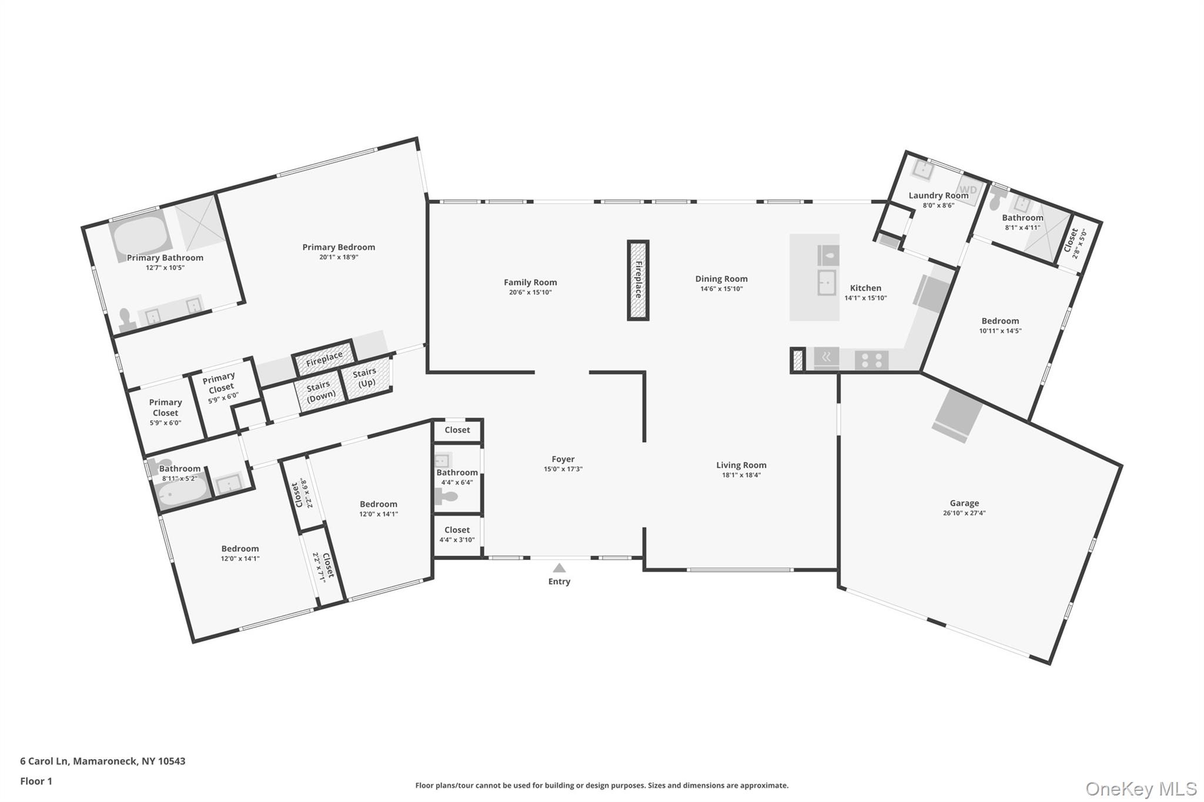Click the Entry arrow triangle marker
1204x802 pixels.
(559, 568)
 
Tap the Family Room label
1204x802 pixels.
(530, 283)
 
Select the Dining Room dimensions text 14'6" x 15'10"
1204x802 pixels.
(721, 289)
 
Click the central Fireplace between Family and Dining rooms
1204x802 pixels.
(638, 280)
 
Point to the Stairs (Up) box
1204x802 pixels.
(366, 378)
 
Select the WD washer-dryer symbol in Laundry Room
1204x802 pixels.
(968, 190)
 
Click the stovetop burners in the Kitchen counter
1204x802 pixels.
(871, 360)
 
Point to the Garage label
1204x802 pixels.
(964, 503)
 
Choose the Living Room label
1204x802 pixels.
(741, 465)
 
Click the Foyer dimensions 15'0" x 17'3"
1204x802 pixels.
(563, 469)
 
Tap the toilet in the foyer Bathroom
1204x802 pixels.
(447, 497)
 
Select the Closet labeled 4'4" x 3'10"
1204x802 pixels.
(457, 534)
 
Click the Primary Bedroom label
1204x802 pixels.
(339, 247)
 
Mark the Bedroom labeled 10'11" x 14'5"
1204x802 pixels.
(1000, 325)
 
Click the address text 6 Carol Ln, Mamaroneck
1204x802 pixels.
(102, 761)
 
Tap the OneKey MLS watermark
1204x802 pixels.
(1141, 788)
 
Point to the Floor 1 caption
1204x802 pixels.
(36, 781)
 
